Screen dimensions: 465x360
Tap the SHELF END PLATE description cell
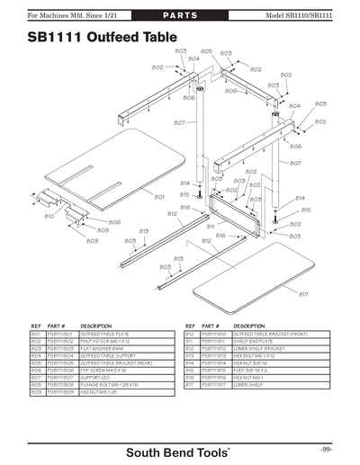254,341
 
